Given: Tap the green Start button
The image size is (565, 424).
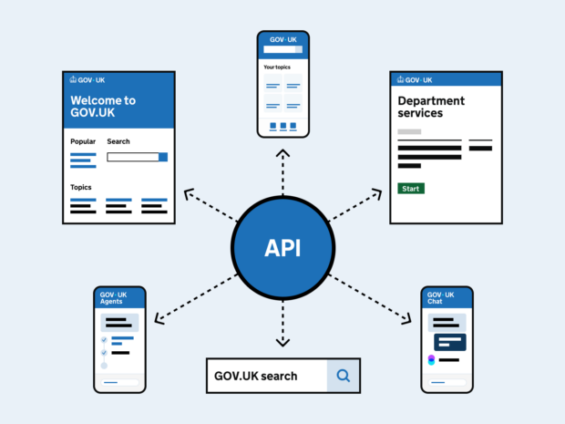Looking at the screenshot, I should click(x=411, y=189).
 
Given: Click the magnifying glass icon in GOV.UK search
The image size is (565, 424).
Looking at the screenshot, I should click(x=343, y=375).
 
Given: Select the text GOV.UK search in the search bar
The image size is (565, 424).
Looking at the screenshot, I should click(x=255, y=376).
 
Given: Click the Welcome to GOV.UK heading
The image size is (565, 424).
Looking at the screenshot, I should click(x=103, y=107).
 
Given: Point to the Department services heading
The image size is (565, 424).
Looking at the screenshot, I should click(x=431, y=107).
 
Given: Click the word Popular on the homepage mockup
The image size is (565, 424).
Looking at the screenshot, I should click(x=83, y=141).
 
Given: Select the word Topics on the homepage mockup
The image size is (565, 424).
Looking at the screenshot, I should click(x=81, y=187).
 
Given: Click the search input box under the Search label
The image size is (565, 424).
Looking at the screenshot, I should click(x=133, y=157).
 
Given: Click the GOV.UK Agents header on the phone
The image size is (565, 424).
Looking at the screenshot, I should click(x=114, y=298).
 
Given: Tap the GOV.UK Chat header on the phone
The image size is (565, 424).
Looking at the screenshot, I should click(x=441, y=298).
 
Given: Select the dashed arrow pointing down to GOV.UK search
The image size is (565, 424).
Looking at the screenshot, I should click(x=282, y=324).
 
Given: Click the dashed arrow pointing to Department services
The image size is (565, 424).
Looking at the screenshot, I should click(x=355, y=206).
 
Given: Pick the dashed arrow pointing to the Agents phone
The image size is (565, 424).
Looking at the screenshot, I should click(x=196, y=297).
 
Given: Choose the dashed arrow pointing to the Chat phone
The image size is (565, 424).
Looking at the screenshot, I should click(x=369, y=297).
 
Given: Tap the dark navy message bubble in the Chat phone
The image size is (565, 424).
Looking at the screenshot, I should click(x=450, y=342).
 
